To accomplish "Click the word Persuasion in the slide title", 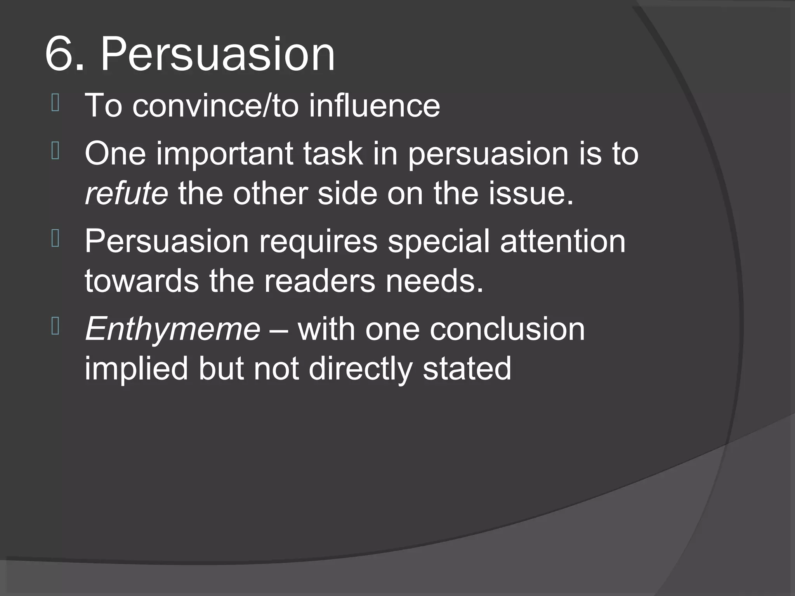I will click(218, 54).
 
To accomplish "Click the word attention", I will click(562, 241).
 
